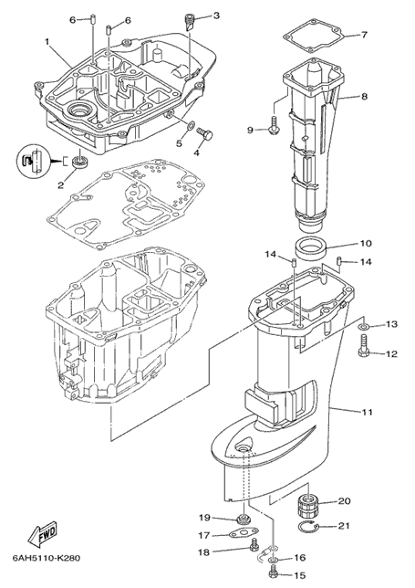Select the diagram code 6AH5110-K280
(x=47, y=558)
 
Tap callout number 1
(x=47, y=42)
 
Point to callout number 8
(x=365, y=97)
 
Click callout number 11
(x=367, y=412)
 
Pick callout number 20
(x=344, y=501)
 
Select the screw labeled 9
(x=273, y=125)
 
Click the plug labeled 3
(x=191, y=23)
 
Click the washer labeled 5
(x=190, y=126)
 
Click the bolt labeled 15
(x=273, y=574)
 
